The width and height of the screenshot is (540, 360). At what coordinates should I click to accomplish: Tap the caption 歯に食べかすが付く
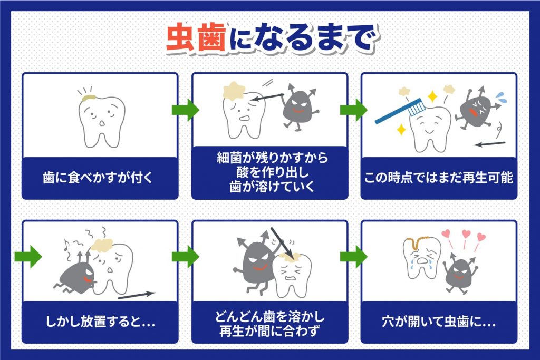click(100, 177)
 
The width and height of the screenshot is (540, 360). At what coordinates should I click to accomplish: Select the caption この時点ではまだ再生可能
click(438, 177)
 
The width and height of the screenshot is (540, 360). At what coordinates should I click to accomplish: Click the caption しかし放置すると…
click(100, 322)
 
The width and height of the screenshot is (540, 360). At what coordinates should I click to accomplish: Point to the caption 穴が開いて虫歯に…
click(438, 322)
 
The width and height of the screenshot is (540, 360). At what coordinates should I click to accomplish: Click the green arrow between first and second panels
click(185, 110)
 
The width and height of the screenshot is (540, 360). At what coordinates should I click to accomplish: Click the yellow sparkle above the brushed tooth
click(432, 96)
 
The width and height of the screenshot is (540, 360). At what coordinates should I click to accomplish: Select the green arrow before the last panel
click(354, 257)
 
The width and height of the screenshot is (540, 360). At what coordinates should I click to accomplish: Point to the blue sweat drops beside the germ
click(500, 98)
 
